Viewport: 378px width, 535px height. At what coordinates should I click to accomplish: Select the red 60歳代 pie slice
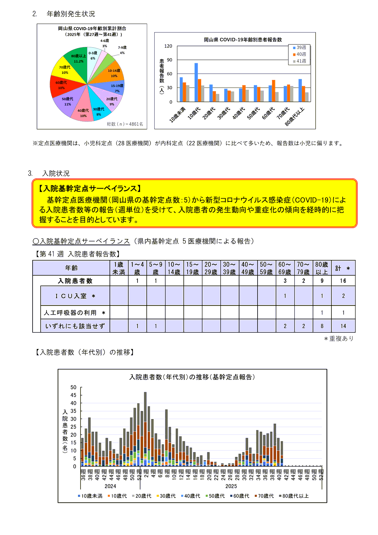(63, 86)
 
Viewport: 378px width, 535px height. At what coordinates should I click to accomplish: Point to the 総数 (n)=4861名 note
(125, 124)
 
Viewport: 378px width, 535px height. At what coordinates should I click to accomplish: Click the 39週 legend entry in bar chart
(300, 47)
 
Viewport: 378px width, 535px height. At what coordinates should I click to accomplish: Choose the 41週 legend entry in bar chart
(300, 61)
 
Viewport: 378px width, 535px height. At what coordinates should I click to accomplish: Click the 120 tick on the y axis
(168, 46)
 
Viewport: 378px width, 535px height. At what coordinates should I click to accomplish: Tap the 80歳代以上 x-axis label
(295, 116)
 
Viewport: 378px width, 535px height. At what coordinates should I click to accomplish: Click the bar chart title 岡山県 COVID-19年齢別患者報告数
(243, 40)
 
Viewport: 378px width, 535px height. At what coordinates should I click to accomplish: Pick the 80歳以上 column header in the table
(322, 268)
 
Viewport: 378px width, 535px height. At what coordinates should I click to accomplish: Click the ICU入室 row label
(75, 296)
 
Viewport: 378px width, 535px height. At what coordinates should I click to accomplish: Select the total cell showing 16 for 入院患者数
(343, 281)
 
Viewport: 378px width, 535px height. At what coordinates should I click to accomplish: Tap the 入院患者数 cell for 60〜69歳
(285, 281)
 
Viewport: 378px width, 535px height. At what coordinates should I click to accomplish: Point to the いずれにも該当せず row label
(75, 326)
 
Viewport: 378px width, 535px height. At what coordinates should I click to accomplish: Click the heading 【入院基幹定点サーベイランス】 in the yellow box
(90, 188)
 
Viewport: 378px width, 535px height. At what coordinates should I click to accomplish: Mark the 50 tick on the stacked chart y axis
(73, 387)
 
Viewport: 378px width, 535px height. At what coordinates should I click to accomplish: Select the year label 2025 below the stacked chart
(231, 486)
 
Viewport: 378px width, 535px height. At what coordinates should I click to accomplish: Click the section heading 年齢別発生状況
(71, 14)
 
